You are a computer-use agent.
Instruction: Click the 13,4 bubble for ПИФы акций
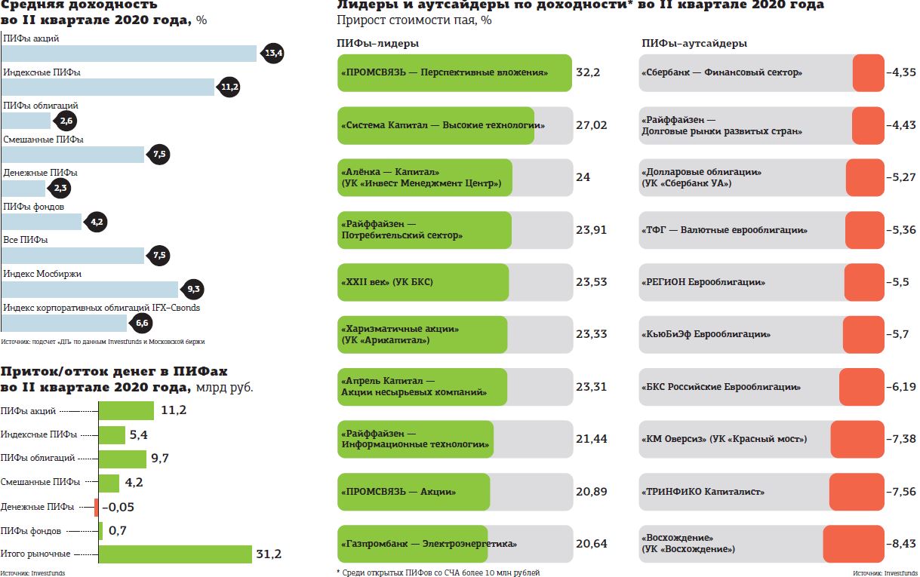pos(272,54)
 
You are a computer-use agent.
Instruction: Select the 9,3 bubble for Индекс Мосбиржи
pos(192,289)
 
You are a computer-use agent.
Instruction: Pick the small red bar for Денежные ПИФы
pos(97,507)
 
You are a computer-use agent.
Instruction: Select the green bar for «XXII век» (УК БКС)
pos(423,282)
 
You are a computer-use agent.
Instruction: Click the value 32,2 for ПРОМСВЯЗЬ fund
pos(587,73)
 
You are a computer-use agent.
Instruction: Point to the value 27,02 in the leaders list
pos(591,125)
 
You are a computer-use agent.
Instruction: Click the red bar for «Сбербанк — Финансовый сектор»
pos(868,73)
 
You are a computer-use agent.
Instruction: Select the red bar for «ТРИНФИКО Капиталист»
pos(856,492)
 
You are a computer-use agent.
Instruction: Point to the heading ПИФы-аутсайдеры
pos(694,44)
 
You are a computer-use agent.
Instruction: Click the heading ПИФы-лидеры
pos(377,44)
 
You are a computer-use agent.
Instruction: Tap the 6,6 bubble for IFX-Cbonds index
pos(142,324)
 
